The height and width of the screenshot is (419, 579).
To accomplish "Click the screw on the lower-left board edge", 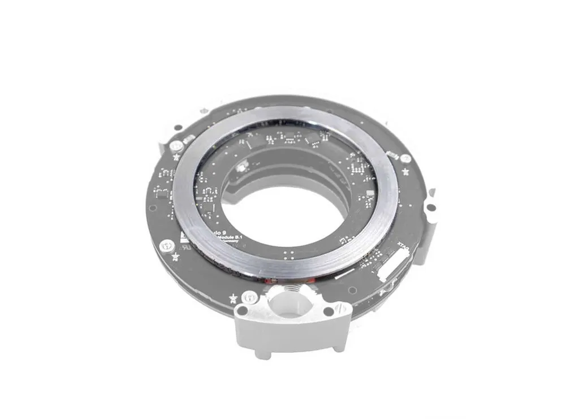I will (166, 245).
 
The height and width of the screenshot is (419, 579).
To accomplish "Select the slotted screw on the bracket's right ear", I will (338, 308).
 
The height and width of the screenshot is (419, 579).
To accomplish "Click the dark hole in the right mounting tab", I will (433, 208).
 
